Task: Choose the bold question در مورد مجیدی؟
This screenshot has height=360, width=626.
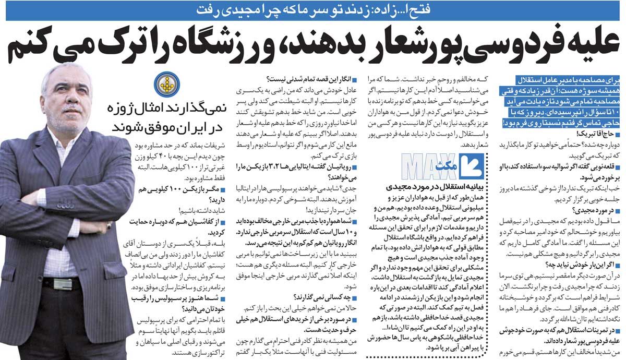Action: [594, 211]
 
